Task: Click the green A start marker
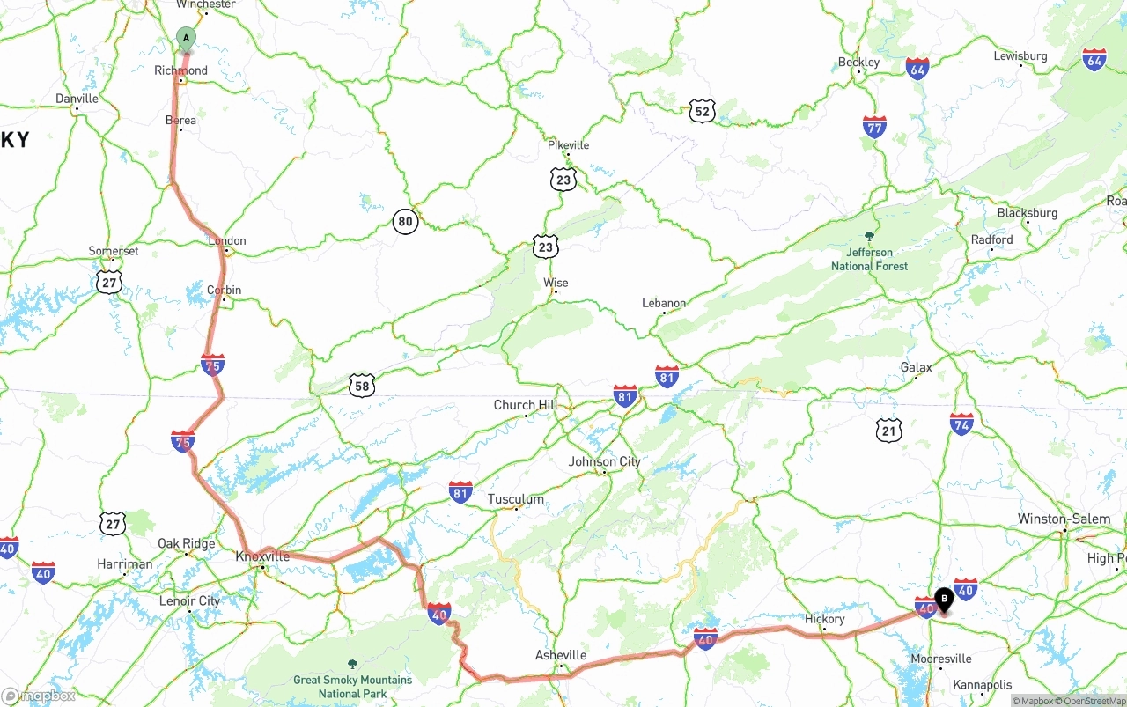[x=186, y=38]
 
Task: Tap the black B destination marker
[x=944, y=600]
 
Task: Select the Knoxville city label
[x=262, y=556]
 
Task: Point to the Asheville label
[x=561, y=655]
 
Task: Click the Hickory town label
[x=824, y=619]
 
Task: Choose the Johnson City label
[x=604, y=461]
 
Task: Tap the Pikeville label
[x=568, y=144]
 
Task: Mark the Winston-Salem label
[x=1064, y=519]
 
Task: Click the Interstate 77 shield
[x=874, y=127]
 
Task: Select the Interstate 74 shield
[x=961, y=423]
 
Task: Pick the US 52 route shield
[x=702, y=111]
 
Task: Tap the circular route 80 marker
[x=405, y=222]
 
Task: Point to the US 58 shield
[x=361, y=385]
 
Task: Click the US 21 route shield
[x=889, y=430]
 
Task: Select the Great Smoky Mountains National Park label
[x=352, y=686]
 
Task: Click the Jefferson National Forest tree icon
[x=870, y=236]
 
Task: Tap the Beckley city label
[x=858, y=62]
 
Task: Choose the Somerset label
[x=114, y=251]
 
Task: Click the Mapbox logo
[x=39, y=696]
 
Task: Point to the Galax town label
[x=916, y=367]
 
